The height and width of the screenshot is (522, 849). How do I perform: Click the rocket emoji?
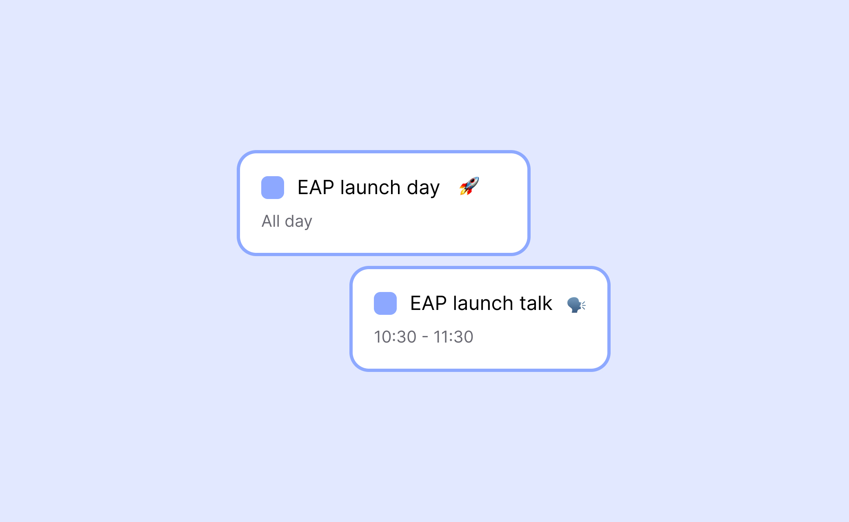pyautogui.click(x=469, y=186)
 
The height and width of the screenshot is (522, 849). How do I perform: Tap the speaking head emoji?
pyautogui.click(x=576, y=304)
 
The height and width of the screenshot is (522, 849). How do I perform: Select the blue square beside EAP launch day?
pyautogui.click(x=273, y=188)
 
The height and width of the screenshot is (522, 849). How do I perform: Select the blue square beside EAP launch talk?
pyautogui.click(x=385, y=303)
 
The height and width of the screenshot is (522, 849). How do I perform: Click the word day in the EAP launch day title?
pyautogui.click(x=423, y=188)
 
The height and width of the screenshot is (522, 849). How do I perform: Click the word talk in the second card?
pyautogui.click(x=536, y=303)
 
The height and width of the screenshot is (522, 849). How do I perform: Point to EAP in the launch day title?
pyautogui.click(x=316, y=188)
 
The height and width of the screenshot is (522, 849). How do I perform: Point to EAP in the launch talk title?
pyautogui.click(x=428, y=303)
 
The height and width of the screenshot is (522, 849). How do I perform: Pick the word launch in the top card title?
pyautogui.click(x=370, y=188)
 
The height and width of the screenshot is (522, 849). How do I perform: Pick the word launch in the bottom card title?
pyautogui.click(x=483, y=303)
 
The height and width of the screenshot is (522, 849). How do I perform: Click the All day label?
pyautogui.click(x=287, y=221)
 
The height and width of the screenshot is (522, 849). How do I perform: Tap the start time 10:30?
pyautogui.click(x=395, y=337)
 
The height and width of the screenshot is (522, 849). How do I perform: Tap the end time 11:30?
pyautogui.click(x=453, y=337)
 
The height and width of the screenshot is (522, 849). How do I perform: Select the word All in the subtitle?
pyautogui.click(x=271, y=221)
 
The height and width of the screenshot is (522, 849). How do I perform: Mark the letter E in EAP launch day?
pyautogui.click(x=303, y=188)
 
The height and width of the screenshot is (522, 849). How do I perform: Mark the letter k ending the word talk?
pyautogui.click(x=547, y=303)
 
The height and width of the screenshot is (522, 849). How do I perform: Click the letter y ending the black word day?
pyautogui.click(x=435, y=190)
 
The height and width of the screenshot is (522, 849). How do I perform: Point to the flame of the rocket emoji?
pyautogui.click(x=463, y=192)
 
